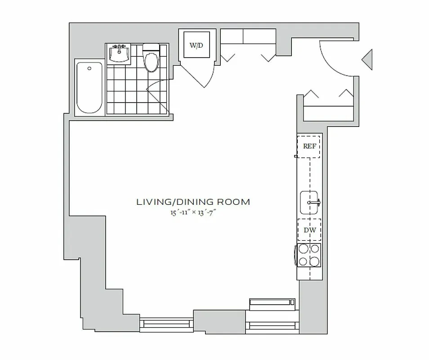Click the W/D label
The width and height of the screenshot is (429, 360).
196,45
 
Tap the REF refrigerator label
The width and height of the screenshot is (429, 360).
309,146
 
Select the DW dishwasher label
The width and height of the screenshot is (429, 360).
309,230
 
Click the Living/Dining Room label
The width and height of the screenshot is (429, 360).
193,202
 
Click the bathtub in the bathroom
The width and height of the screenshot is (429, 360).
89,87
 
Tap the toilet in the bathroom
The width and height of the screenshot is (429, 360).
151,58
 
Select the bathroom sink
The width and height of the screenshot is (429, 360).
120,54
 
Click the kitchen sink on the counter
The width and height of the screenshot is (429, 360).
310,202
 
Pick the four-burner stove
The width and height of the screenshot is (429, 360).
309,255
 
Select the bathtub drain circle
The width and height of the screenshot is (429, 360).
89,68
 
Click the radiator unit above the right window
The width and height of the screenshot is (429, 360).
272,304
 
